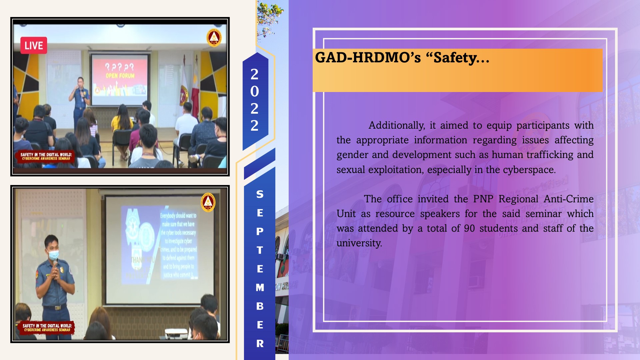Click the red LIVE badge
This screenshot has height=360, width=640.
(x=34, y=45)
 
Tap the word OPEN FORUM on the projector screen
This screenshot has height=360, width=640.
(x=120, y=76)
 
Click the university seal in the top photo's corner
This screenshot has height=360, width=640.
(x=214, y=38)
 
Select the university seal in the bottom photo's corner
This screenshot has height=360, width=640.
(x=208, y=202)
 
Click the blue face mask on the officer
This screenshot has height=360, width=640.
(x=53, y=255)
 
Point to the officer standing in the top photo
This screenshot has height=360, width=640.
(x=80, y=100)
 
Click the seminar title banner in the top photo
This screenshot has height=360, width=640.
(x=46, y=156)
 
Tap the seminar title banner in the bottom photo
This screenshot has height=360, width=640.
(x=47, y=327)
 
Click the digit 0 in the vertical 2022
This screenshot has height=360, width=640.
(x=254, y=91)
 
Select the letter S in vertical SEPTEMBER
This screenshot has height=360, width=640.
(x=260, y=194)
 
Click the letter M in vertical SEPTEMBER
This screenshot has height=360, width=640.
(x=260, y=287)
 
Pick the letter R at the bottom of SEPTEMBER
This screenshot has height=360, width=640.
(x=260, y=343)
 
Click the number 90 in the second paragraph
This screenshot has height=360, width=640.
(x=469, y=228)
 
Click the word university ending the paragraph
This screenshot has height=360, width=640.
(x=359, y=243)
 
